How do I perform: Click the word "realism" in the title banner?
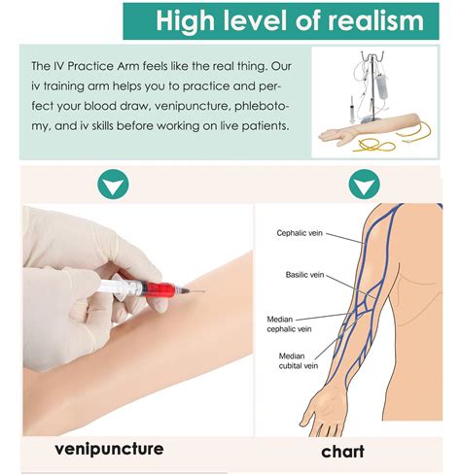[376, 20]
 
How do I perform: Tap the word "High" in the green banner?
[185, 21]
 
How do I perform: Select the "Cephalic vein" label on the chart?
[300, 233]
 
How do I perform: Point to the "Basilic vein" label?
[304, 275]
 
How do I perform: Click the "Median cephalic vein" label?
[289, 324]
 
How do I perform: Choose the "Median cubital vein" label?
[299, 361]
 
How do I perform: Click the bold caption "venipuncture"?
[109, 450]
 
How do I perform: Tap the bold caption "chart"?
[342, 452]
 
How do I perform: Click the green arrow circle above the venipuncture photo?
[113, 185]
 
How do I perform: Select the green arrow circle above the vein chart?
[365, 185]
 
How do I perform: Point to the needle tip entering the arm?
[205, 291]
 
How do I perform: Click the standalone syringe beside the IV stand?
[352, 109]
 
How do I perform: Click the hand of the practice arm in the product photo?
[335, 135]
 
